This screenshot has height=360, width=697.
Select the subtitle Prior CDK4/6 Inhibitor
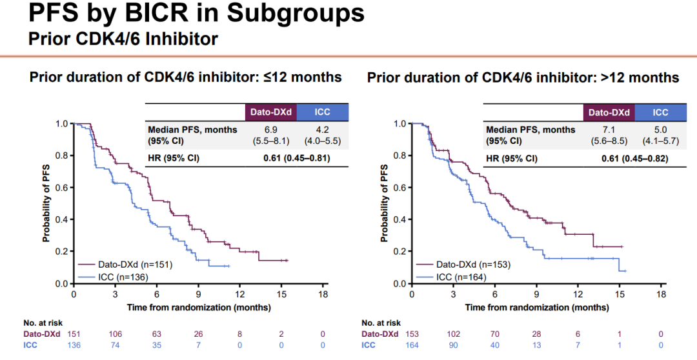click(123, 39)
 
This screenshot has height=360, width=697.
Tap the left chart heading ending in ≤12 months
click(185, 77)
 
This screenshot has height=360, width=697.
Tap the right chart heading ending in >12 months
click(523, 77)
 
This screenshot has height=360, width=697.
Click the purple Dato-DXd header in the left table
click(270, 112)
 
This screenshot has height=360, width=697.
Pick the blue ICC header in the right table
click(660, 112)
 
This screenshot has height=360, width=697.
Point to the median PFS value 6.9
click(269, 130)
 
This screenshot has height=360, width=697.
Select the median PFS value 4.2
click(322, 130)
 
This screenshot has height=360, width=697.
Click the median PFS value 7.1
click(609, 130)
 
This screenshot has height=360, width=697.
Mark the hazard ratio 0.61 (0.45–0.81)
click(296, 158)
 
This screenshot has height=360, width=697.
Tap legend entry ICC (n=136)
click(123, 277)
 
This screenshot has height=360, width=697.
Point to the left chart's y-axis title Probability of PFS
click(46, 203)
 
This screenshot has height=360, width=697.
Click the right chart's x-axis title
click(537, 307)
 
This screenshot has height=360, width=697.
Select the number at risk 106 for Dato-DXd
click(116, 334)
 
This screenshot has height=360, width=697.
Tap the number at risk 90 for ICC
click(454, 345)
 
